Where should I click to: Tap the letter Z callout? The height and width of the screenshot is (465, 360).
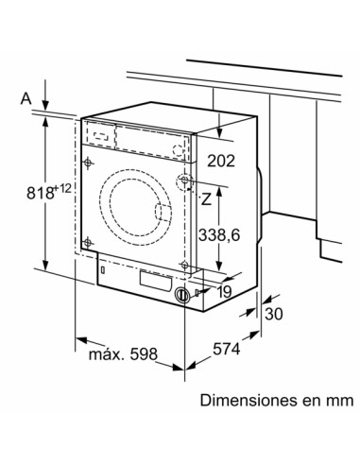pyautogui.click(x=203, y=198)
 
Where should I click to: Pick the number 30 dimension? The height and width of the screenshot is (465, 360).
pyautogui.click(x=275, y=315)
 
